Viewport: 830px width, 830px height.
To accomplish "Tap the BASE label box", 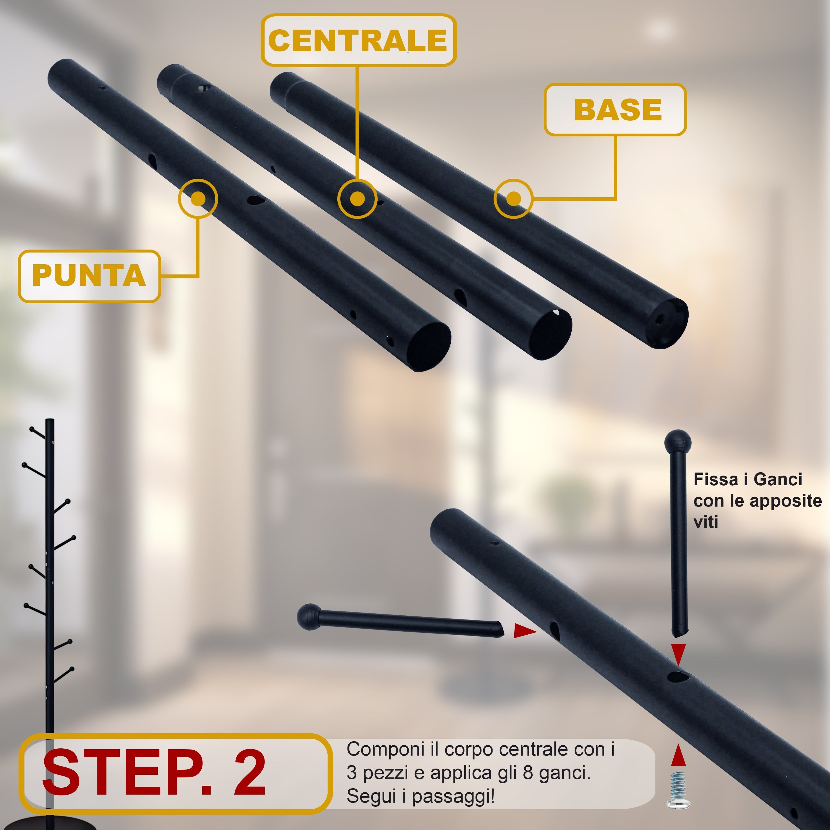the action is (615, 110).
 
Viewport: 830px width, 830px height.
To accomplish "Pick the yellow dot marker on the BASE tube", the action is (514, 198).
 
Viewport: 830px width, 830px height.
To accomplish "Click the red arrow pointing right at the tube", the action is (525, 631).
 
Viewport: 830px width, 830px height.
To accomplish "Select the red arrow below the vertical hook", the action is (678, 655).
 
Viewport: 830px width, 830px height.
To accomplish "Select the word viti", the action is (706, 522).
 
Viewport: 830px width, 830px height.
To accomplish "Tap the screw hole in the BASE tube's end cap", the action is (658, 320).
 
